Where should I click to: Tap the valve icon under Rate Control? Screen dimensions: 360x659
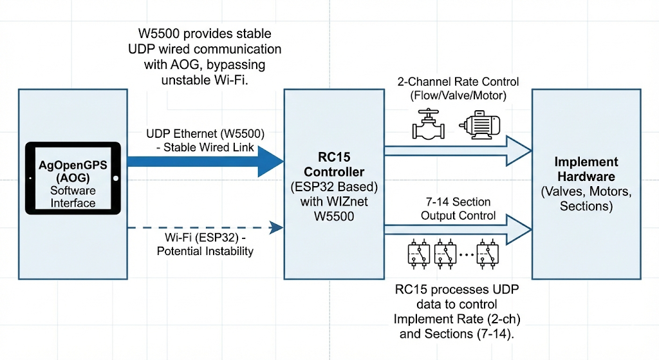[x=428, y=124]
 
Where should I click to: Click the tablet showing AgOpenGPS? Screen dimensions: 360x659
[x=73, y=178]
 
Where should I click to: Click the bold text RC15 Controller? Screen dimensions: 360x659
[x=333, y=166]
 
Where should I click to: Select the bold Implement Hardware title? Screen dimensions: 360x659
[x=586, y=169]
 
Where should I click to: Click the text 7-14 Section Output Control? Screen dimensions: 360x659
[x=458, y=209]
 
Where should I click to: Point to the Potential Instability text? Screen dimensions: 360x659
[x=205, y=251]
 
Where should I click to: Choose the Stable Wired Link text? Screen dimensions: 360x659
[x=205, y=147]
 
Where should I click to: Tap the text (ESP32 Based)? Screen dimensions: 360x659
[x=333, y=187]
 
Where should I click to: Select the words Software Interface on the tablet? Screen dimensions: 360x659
[x=73, y=196]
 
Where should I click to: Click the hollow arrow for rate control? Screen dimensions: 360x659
[x=457, y=150]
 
